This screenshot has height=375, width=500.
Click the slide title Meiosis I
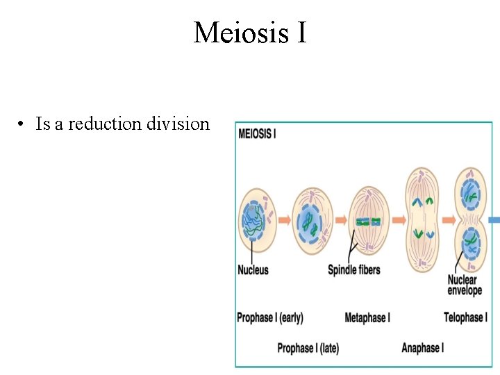coord(250,32)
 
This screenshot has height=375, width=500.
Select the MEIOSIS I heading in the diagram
coord(257,133)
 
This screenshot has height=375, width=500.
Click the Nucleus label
coord(253,269)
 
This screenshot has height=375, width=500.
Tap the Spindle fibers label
coord(354,269)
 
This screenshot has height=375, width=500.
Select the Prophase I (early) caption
coord(270,317)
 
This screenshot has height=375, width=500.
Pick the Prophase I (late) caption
coord(308,348)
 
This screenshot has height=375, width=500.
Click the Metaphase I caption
coord(367,317)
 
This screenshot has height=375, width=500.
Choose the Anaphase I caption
coord(422,348)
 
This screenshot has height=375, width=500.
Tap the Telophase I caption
coord(465,317)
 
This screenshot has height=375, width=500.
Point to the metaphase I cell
coord(369,222)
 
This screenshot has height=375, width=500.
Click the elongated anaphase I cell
coord(423,220)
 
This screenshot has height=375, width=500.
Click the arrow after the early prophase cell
coord(285,220)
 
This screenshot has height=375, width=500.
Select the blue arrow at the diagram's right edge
coord(494,220)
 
